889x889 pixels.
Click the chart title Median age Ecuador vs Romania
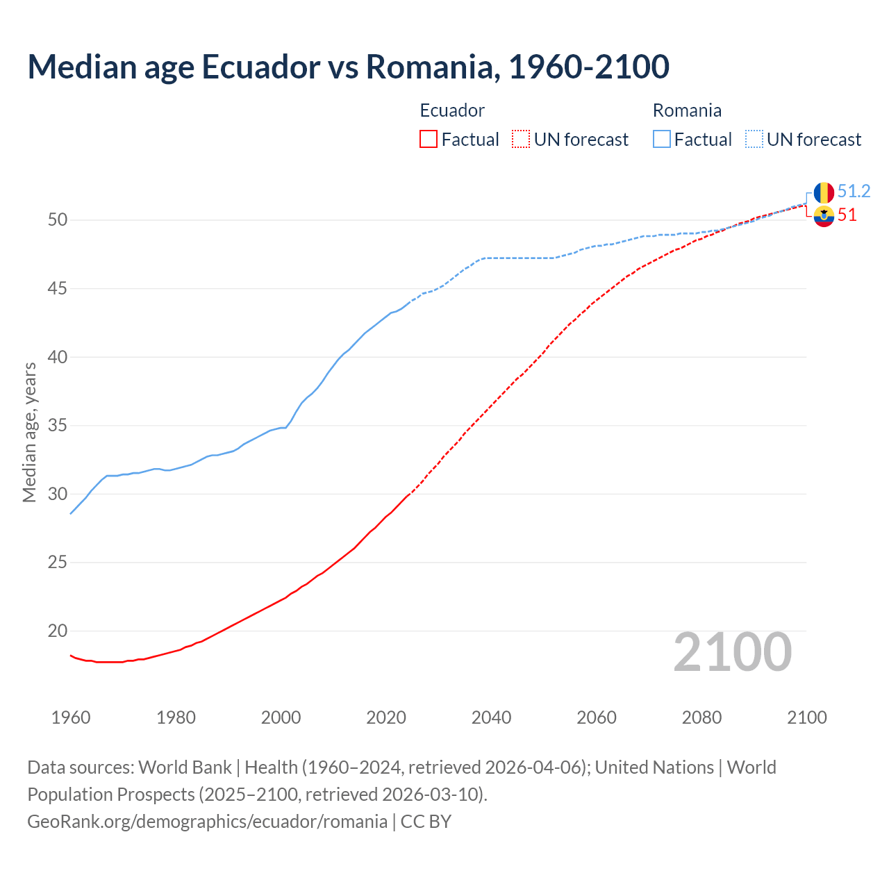coord(348,67)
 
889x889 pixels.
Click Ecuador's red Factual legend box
coord(429,139)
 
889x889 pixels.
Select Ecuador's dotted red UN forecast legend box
coord(521,139)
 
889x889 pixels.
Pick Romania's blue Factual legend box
coord(662,139)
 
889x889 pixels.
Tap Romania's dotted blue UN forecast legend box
coord(754,139)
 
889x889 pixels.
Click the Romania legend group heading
coord(687,110)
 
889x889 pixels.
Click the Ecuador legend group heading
coord(452,110)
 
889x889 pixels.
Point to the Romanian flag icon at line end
coord(824,192)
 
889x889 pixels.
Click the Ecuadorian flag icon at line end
coord(824,216)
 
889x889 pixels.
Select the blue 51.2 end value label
coord(854,191)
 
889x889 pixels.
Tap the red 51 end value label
coord(847,215)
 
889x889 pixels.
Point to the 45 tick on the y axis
coord(58,288)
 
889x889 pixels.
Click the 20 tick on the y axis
coord(58,631)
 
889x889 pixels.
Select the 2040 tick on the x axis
coord(491,717)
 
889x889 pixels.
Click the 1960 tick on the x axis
coord(71,717)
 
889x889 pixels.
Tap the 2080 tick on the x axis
coord(701,717)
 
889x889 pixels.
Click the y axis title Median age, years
coord(29,432)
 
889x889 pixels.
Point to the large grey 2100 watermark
coord(732,651)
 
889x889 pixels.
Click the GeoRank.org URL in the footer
coord(207,822)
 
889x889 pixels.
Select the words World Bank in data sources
coord(185,767)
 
